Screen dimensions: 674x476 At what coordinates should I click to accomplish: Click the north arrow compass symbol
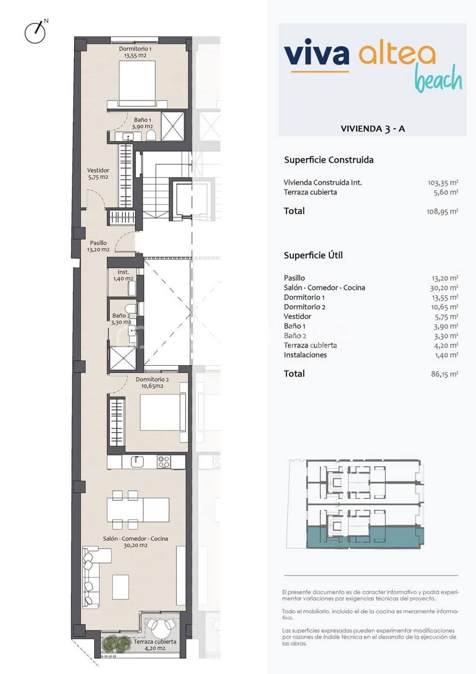[35, 33]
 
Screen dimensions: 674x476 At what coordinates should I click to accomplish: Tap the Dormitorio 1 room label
[135, 52]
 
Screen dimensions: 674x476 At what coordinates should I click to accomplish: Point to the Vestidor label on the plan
[98, 174]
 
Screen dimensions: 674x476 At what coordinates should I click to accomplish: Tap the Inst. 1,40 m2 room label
[121, 275]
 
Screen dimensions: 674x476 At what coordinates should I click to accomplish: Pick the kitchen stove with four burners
[163, 462]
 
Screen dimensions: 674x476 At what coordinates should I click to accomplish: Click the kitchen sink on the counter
[137, 462]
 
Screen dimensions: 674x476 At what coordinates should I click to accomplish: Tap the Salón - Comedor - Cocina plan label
[135, 541]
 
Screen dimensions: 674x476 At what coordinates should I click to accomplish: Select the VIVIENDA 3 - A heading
[372, 129]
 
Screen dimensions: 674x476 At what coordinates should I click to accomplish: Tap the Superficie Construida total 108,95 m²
[443, 212]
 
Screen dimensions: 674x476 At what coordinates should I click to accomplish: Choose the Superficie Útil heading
[313, 255]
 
